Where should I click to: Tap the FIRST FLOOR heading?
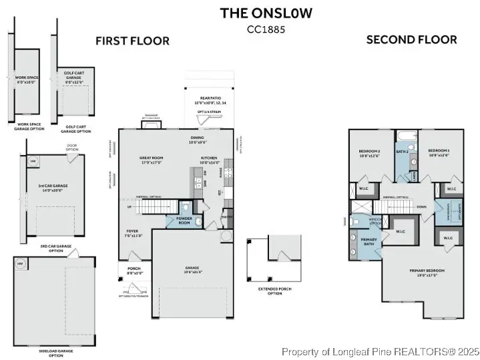(132, 41)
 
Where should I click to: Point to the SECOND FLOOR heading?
(411, 40)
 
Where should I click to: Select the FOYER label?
(131, 233)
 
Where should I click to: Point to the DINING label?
(198, 140)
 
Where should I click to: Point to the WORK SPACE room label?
(27, 79)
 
